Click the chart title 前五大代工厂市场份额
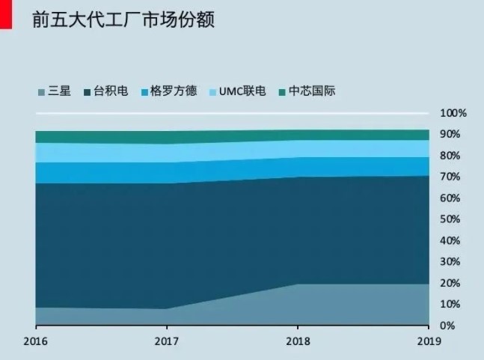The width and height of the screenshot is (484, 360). (123, 19)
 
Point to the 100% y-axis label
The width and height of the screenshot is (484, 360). (453, 114)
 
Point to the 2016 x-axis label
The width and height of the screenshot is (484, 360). (36, 341)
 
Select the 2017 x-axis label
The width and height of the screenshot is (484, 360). (167, 341)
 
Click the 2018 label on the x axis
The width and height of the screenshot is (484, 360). (298, 341)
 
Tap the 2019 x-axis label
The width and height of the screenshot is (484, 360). (429, 341)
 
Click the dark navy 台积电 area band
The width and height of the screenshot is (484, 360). (224, 232)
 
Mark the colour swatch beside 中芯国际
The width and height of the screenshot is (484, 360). (282, 92)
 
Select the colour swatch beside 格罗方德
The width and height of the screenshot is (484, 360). (144, 92)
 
